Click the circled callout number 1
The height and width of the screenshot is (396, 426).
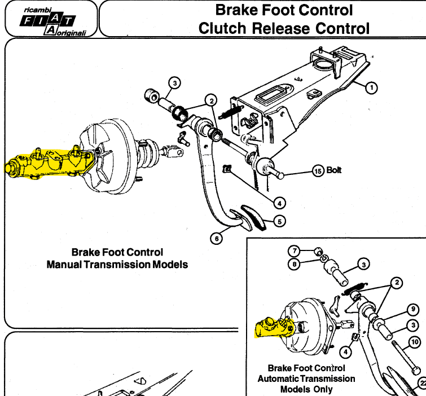tap(371, 88)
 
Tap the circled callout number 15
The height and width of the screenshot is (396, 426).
tap(318, 171)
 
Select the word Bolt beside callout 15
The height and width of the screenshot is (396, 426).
tap(334, 170)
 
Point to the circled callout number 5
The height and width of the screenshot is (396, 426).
tap(279, 221)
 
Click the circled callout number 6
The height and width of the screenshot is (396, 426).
tap(216, 239)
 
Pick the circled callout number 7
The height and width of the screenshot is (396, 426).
tap(294, 250)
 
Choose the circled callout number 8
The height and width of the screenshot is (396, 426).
tap(294, 264)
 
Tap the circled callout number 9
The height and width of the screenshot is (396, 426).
tap(413, 309)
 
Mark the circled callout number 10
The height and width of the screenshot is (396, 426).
tap(415, 342)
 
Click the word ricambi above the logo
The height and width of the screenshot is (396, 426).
tap(37, 10)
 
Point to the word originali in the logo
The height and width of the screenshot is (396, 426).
tap(72, 33)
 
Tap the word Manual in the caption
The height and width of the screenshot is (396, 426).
tap(64, 264)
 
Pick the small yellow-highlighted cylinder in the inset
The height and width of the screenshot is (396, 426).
tap(274, 327)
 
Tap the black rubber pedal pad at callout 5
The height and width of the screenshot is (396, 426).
tap(254, 217)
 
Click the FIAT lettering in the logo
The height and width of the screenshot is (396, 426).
tap(47, 21)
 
